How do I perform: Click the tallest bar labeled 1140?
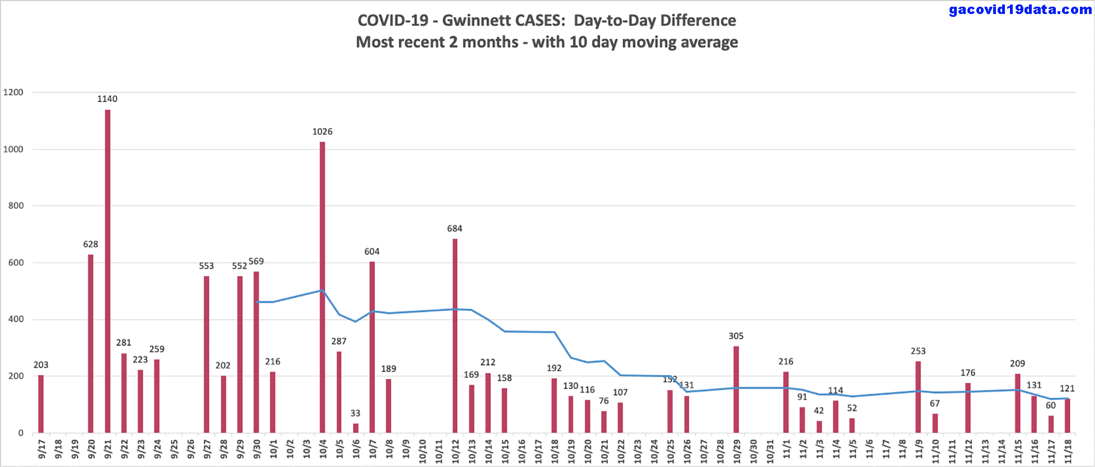coord(107,271)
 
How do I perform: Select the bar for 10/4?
coord(322,287)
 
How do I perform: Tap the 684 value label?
coord(454,228)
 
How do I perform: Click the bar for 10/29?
coord(736,389)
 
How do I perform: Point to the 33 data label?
coord(355,413)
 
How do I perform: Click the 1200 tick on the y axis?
coord(13,92)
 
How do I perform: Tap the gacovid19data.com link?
coord(1020,10)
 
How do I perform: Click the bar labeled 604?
coord(372,347)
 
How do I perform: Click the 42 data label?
coord(819,410)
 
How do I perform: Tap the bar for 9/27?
coord(206,354)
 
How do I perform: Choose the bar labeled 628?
coord(91,344)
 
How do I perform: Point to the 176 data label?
coord(967,372)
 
